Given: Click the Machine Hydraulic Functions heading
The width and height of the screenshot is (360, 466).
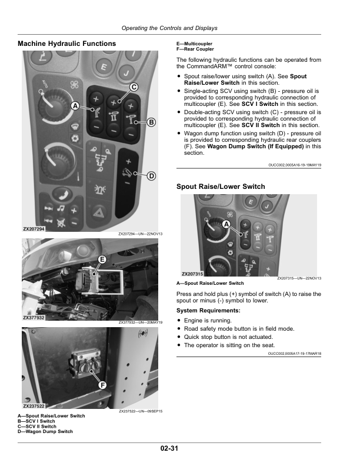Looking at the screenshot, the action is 67,44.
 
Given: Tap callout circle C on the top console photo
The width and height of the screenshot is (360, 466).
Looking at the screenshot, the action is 134,87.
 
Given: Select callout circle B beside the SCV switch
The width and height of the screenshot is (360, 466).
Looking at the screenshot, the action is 151,122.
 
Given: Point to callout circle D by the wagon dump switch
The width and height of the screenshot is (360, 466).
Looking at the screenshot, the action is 152,176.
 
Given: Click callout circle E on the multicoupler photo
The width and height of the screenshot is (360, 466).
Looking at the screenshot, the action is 102,259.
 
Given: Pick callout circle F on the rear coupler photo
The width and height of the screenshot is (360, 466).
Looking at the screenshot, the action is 102,385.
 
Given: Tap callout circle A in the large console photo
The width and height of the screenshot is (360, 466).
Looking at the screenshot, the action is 75,105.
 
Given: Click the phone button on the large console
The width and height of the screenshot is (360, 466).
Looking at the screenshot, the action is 62,194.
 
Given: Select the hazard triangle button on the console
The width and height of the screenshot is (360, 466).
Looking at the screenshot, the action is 98,213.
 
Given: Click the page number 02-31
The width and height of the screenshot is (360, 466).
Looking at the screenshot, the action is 169,448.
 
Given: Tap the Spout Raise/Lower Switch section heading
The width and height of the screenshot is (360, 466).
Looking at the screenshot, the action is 221,187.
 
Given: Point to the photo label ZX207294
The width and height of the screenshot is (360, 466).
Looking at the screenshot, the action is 34,229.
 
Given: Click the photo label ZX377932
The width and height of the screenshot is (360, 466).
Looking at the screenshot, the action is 34,318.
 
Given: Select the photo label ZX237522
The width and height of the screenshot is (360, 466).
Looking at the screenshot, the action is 34,406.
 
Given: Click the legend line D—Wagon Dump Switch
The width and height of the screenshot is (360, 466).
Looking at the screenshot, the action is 45,431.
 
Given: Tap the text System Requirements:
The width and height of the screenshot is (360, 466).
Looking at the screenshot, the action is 208,311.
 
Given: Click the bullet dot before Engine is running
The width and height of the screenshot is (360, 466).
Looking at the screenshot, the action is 179,320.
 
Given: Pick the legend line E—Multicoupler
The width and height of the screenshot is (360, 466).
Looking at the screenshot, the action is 195,44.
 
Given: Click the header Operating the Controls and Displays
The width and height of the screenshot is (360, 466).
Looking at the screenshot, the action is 169,28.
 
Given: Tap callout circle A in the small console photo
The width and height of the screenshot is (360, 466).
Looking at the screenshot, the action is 226,224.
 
